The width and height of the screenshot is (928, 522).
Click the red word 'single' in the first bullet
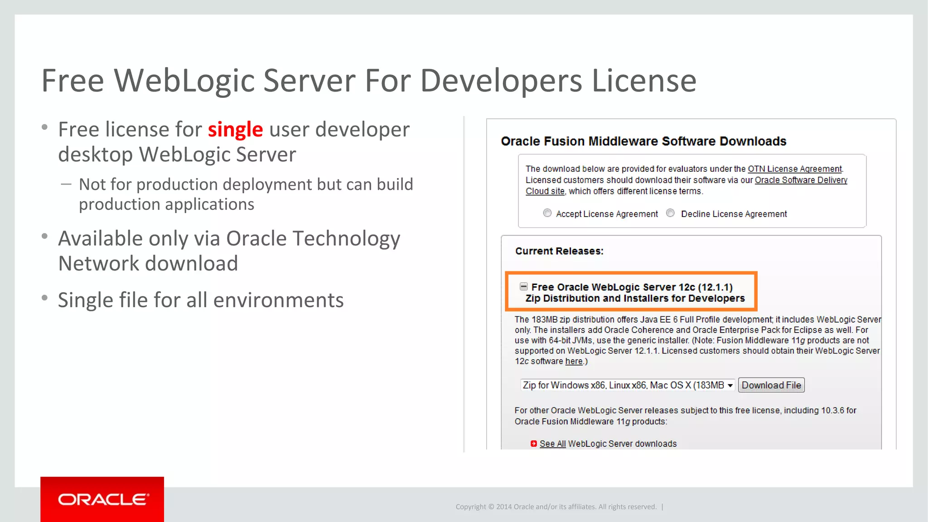tap(235, 130)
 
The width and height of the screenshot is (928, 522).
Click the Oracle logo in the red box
tap(103, 499)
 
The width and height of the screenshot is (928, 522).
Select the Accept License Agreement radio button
tap(547, 213)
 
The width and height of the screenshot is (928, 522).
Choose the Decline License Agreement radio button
tap(671, 213)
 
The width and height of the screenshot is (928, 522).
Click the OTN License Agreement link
tap(794, 169)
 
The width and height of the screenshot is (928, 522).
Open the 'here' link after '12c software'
tap(574, 361)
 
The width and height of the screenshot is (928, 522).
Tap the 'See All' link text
tap(552, 444)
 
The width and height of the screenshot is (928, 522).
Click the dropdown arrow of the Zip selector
tap(730, 385)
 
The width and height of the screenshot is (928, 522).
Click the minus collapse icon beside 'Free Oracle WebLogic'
tap(523, 286)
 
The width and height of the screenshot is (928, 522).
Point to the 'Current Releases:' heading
tap(559, 251)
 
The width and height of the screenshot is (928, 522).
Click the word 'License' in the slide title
tap(644, 81)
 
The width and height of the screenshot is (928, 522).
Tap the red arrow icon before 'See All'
tap(534, 444)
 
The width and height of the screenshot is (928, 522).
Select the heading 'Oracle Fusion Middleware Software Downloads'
tap(643, 141)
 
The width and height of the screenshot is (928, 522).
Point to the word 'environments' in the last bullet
tap(278, 300)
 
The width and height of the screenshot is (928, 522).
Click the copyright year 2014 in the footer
tap(504, 507)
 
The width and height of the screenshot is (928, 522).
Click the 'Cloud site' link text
tap(545, 191)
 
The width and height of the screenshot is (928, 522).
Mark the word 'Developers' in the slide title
tap(501, 81)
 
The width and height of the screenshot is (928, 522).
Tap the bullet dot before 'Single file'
tap(44, 298)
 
